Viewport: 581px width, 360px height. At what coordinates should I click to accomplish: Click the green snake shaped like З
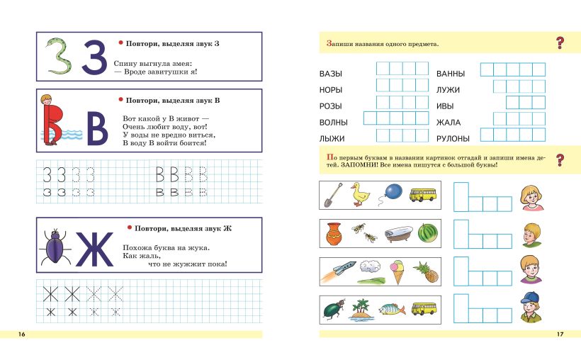(60, 57)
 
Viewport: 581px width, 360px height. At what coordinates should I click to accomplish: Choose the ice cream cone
(395, 272)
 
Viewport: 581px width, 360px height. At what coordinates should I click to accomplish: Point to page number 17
(559, 334)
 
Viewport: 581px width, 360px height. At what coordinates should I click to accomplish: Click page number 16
(21, 334)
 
